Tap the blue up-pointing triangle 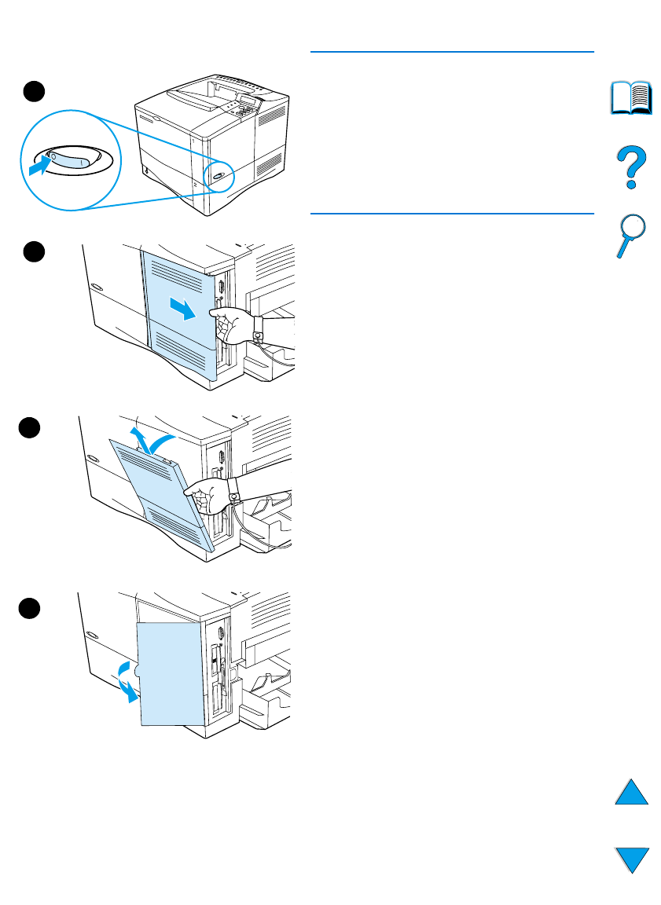(631, 791)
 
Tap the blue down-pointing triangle (631, 859)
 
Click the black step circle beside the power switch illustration (32, 91)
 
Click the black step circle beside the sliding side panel (32, 251)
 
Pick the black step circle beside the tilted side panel (32, 427)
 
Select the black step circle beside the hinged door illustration (32, 606)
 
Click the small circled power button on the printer (217, 177)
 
